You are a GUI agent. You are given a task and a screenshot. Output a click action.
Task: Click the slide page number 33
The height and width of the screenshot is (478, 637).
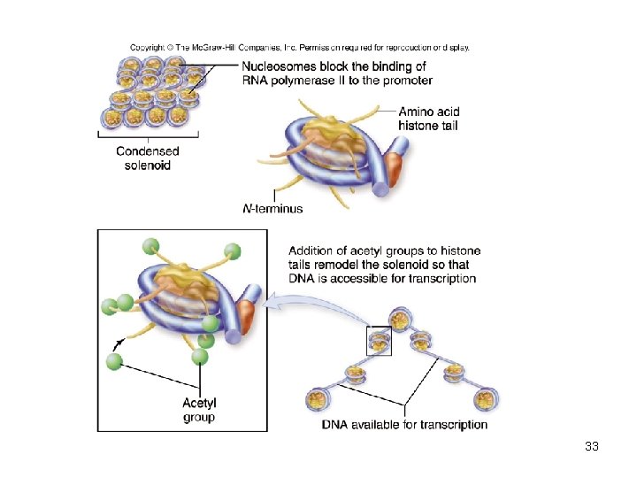[592, 446]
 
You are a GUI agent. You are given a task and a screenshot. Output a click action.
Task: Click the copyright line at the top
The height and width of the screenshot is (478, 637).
[300, 47]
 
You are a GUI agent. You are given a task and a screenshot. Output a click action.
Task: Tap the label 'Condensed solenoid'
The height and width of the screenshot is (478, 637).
[148, 158]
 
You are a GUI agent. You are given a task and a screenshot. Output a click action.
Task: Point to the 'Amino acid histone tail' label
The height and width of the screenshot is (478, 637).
[429, 119]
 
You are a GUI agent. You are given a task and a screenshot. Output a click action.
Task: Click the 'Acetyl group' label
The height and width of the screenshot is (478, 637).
[199, 410]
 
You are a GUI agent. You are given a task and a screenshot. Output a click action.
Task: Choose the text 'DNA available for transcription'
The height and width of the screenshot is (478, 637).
[404, 424]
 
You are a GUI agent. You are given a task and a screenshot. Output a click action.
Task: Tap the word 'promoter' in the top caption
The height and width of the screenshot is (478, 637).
[403, 81]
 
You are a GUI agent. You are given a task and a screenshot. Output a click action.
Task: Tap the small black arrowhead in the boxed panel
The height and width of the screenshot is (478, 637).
[119, 341]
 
